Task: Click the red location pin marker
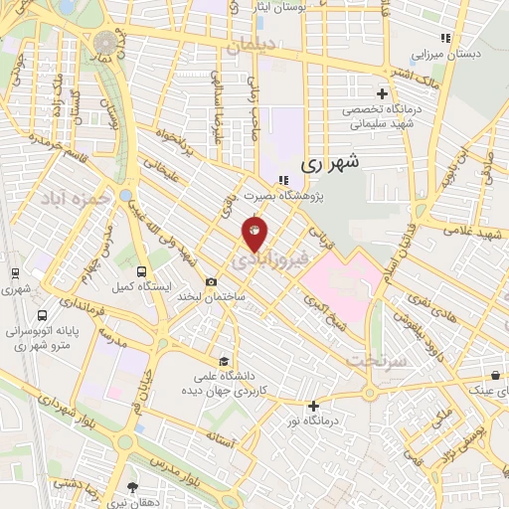point(254,234)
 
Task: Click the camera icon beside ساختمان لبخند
point(211,281)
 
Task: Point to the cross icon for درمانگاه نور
point(313,405)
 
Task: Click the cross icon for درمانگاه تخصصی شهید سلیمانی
point(383,92)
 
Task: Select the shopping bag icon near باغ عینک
point(495,376)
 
